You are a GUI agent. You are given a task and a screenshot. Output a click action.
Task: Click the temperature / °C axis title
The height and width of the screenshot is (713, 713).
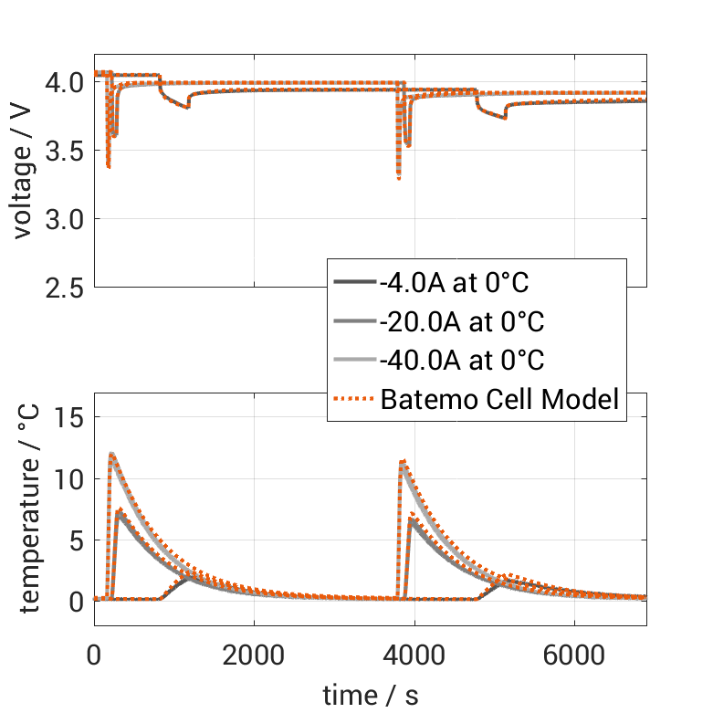27,509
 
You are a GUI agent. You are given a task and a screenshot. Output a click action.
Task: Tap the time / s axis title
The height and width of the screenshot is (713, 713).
371,696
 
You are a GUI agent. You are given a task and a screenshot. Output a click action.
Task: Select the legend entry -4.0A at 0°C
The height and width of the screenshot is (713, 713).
454,283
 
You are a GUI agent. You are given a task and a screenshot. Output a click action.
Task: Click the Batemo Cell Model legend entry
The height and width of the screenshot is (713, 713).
500,399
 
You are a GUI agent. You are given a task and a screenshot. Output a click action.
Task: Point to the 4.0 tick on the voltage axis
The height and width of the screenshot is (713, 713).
65,82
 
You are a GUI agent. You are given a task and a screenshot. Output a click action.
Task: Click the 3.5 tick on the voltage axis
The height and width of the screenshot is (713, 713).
65,151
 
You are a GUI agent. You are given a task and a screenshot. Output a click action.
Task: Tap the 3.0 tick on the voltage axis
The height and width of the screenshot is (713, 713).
65,219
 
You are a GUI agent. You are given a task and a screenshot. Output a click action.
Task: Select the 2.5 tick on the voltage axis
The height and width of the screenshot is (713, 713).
65,288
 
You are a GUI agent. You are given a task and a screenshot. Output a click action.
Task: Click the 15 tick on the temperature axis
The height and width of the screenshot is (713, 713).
71,417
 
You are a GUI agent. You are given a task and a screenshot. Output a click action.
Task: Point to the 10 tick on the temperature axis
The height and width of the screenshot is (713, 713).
71,478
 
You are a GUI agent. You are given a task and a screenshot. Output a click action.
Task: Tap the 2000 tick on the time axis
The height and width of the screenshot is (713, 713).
254,655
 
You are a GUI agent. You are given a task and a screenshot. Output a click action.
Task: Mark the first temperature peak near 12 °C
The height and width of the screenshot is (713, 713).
111,454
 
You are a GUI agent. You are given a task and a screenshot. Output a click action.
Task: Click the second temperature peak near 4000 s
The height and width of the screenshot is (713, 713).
403,462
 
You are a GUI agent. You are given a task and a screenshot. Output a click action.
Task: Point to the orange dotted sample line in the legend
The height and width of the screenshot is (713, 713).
355,399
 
